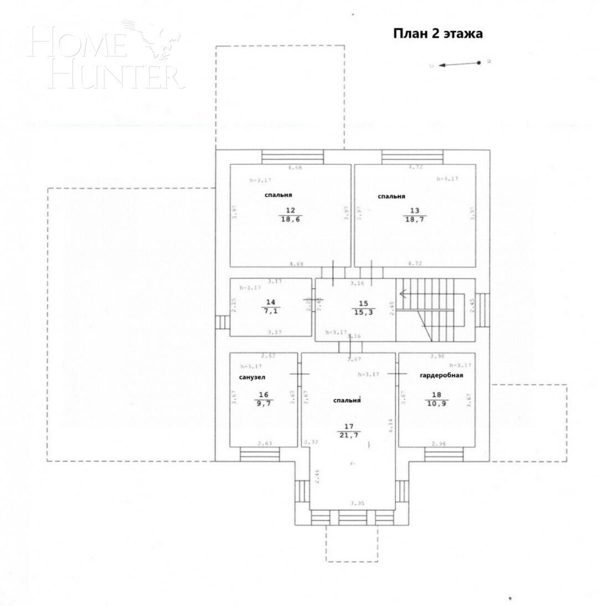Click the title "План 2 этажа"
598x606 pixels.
pos(437,34)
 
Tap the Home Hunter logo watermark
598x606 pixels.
pos(105,55)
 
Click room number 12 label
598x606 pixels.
pos(290,210)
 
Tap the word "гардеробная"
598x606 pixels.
pos(441,375)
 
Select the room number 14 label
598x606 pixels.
pos(270,302)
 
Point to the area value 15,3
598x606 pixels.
pos(363,313)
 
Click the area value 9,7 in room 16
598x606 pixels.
pos(263,404)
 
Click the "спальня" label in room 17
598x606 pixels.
pos(347,400)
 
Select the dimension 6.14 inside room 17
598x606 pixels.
pos(390,424)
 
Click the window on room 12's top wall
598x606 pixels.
pos(292,157)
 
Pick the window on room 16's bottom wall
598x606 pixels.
pos(260,454)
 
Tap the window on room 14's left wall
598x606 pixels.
pos(223,322)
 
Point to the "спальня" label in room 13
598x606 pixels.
pos(391,196)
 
